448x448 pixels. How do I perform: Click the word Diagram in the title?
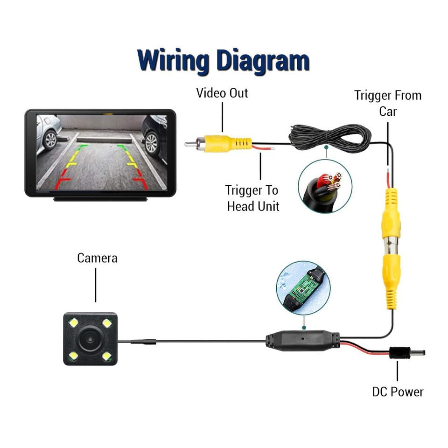point(263,61)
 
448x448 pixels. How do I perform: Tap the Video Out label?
point(222,93)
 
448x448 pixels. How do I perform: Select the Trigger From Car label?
point(387,103)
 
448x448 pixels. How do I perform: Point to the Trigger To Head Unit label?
point(252,198)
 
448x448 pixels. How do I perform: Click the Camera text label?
point(98,258)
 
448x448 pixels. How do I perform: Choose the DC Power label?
point(398,391)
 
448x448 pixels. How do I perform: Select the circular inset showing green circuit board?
point(303,287)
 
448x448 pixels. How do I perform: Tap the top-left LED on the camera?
point(73,322)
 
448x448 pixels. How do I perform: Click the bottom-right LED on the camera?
point(107,356)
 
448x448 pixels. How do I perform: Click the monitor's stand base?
point(100,199)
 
